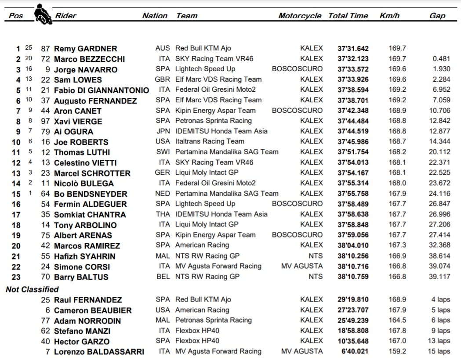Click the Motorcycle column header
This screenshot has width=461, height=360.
click(x=300, y=15)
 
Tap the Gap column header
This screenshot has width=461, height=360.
click(x=437, y=15)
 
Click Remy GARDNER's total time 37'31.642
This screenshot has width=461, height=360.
click(x=353, y=48)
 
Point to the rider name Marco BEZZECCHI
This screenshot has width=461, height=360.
click(x=89, y=59)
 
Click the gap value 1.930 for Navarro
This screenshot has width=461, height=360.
click(x=439, y=69)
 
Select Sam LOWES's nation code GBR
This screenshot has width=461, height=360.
click(x=162, y=79)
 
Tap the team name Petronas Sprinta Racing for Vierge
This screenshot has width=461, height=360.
click(x=214, y=121)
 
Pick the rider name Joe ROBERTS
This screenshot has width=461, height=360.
click(x=81, y=142)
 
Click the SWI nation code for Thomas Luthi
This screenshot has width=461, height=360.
click(x=162, y=152)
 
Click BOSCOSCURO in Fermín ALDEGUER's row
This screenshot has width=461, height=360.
click(x=297, y=204)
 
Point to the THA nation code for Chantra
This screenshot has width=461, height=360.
click(x=163, y=214)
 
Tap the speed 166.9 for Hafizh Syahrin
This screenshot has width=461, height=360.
click(x=397, y=256)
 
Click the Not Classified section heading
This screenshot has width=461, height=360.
click(x=32, y=289)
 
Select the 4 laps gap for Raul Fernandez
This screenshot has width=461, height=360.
click(x=440, y=299)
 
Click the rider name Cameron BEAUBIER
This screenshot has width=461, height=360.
click(x=92, y=310)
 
